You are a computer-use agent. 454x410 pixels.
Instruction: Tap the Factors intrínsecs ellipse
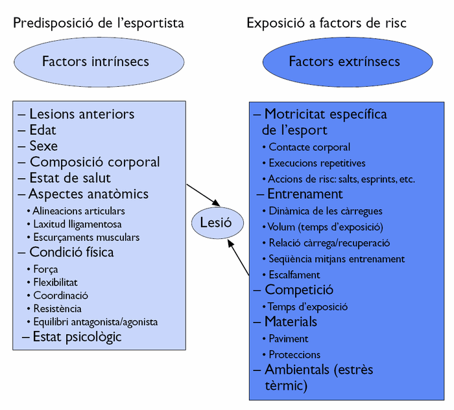pos(95,62)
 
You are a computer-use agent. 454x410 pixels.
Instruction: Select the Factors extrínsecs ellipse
pos(344,62)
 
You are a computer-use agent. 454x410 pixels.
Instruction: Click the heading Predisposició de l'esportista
pos(99,23)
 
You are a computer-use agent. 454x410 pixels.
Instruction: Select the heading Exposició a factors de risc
pos(326,23)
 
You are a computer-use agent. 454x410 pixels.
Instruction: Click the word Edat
pos(43,130)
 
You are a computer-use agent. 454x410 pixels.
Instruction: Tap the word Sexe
pos(43,146)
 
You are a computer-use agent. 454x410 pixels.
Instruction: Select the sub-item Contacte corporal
pos(309,147)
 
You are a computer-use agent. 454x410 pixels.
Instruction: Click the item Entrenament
pos(304,194)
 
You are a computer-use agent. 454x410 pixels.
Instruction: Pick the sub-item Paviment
pos(288,338)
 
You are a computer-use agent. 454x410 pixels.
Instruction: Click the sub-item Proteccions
pos(294,354)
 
